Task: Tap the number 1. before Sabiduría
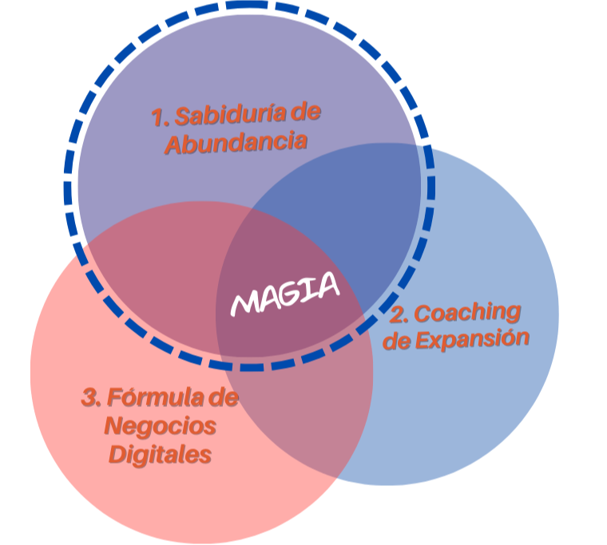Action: (161, 117)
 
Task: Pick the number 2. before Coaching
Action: (399, 314)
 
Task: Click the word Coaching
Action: (467, 311)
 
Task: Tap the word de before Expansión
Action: (397, 342)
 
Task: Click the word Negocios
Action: (161, 426)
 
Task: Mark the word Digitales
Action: (161, 455)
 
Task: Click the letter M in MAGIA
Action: (245, 303)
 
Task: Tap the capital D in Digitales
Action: (117, 455)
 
